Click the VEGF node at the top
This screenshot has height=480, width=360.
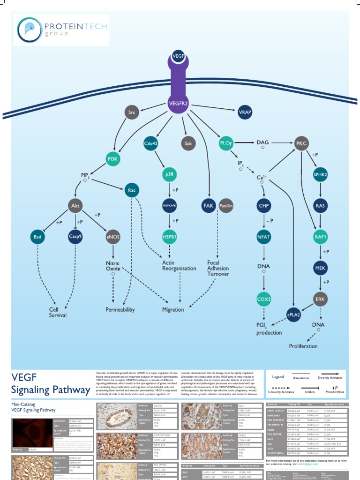coord(178,56)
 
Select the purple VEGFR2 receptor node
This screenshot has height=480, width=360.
coord(178,103)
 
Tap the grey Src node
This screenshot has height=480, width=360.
coord(131,112)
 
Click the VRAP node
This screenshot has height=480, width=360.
coord(245,112)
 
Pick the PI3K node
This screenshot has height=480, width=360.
coord(112,159)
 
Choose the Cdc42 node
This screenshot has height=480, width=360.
coord(150,143)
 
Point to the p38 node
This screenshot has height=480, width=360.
coord(169,174)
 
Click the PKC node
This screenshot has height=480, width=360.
coord(302,142)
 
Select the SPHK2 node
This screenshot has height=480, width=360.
coord(320,174)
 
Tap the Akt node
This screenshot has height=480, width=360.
coord(75,206)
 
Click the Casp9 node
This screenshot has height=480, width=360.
coord(75,237)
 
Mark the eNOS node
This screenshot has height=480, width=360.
coord(113,237)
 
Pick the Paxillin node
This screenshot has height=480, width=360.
coord(226,206)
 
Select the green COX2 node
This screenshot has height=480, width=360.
coord(263,299)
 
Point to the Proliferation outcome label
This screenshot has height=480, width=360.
coord(303,346)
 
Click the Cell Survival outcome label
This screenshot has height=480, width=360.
coord(58,312)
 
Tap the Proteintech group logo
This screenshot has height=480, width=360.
coord(61,30)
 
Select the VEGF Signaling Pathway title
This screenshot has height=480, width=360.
coord(51,383)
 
